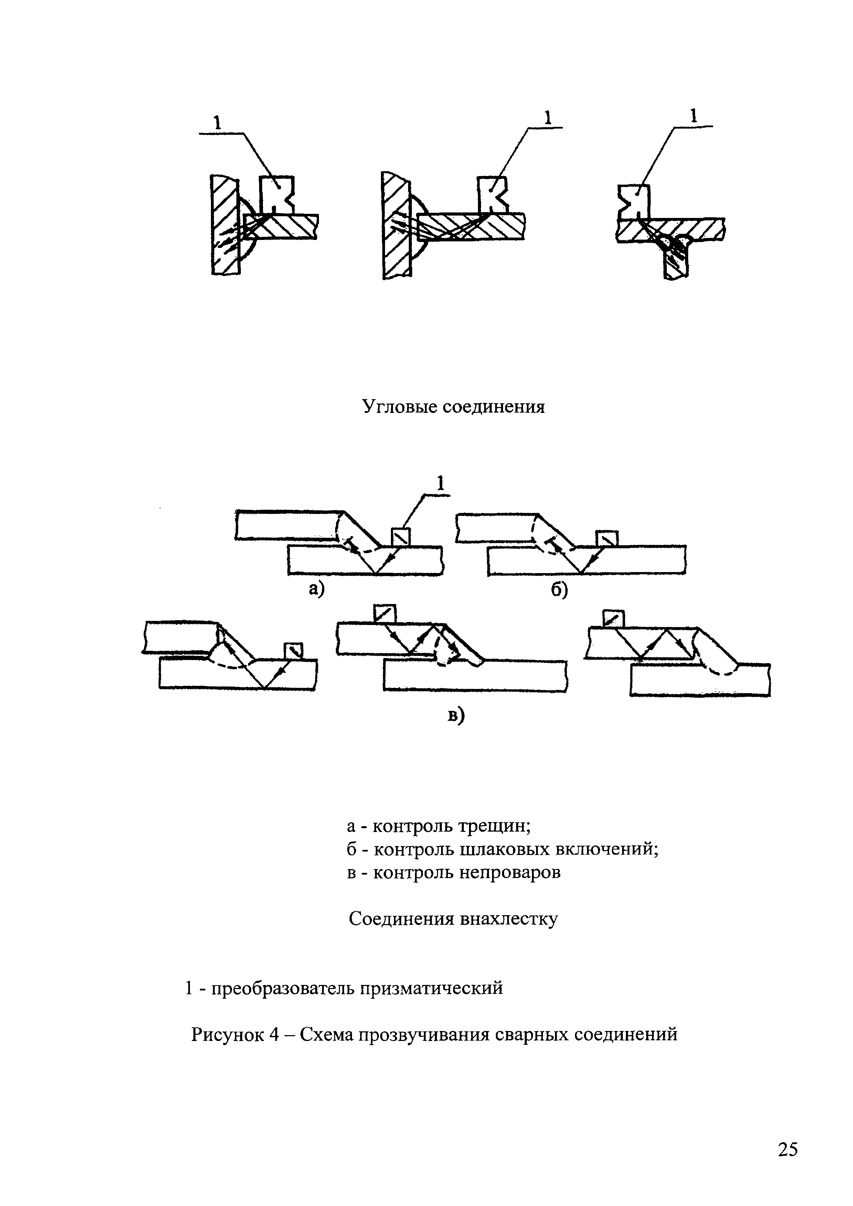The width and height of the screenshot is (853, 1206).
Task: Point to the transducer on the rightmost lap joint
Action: (613, 618)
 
